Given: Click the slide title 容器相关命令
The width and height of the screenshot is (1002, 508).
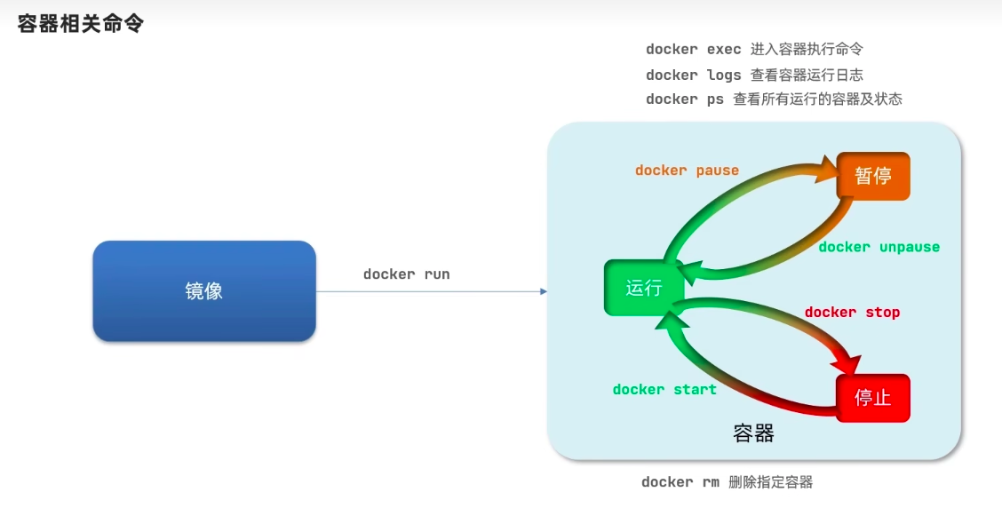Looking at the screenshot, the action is pyautogui.click(x=81, y=24).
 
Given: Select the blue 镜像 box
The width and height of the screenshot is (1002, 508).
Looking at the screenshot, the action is pyautogui.click(x=204, y=290).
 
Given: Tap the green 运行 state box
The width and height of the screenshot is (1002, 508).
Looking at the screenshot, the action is pyautogui.click(x=643, y=288).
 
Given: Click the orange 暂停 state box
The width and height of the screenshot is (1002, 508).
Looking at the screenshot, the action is pyautogui.click(x=873, y=176).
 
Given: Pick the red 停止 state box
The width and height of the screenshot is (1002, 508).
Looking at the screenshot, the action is pyautogui.click(x=873, y=398).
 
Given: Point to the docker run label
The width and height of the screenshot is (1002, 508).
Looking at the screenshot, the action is pyautogui.click(x=407, y=274).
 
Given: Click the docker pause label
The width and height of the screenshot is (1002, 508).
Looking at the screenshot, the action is pyautogui.click(x=687, y=171).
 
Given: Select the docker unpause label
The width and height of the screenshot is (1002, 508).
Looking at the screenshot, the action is pyautogui.click(x=879, y=247).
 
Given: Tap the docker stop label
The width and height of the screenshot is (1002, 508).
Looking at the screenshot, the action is pyautogui.click(x=853, y=313).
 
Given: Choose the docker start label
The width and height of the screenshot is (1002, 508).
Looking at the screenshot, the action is pyautogui.click(x=664, y=390).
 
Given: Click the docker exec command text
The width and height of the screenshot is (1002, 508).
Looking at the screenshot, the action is pyautogui.click(x=694, y=49).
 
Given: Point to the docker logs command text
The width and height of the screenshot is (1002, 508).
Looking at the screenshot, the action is pyautogui.click(x=694, y=75).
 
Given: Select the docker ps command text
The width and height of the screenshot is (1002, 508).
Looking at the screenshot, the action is pyautogui.click(x=684, y=99).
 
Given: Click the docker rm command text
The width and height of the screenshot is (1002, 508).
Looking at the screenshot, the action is pyautogui.click(x=680, y=482).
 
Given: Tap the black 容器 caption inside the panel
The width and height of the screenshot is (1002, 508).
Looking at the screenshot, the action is pyautogui.click(x=753, y=433).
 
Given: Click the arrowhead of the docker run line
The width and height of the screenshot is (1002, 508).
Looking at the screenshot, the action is pyautogui.click(x=544, y=291).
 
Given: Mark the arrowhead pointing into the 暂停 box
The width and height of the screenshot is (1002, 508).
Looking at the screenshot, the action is pyautogui.click(x=827, y=171).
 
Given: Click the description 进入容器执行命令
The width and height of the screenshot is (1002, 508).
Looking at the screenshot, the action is pyautogui.click(x=807, y=49).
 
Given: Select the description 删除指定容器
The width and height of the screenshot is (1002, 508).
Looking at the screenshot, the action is pyautogui.click(x=771, y=482).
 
